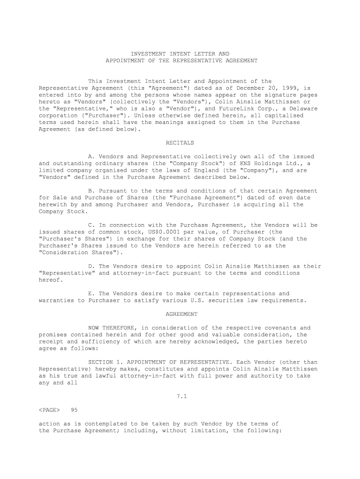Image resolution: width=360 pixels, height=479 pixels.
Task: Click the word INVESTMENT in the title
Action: coord(148,54)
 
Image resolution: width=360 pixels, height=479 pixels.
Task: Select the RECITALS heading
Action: coord(180,143)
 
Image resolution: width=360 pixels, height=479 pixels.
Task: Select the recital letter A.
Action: coord(90,156)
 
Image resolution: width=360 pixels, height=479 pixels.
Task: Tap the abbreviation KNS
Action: coord(246,163)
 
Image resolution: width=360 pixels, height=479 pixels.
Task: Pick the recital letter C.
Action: coord(90,225)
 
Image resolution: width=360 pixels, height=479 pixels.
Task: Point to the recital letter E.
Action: coord(90,294)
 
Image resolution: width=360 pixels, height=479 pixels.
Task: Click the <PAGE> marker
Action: coord(49,410)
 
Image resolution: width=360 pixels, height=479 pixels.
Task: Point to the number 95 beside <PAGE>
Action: coord(73,410)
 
